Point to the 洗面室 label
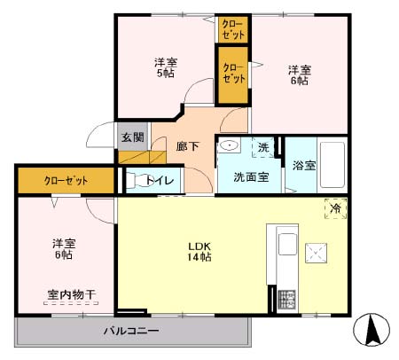(x=251, y=176)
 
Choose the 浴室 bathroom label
(x=304, y=166)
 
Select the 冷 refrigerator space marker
(x=336, y=207)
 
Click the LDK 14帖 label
(x=198, y=250)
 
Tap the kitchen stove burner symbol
(x=286, y=299)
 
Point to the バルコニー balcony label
(x=130, y=331)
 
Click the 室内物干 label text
(x=72, y=294)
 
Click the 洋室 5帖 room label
(x=165, y=68)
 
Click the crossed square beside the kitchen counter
(x=317, y=253)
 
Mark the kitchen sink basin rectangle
(x=287, y=245)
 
